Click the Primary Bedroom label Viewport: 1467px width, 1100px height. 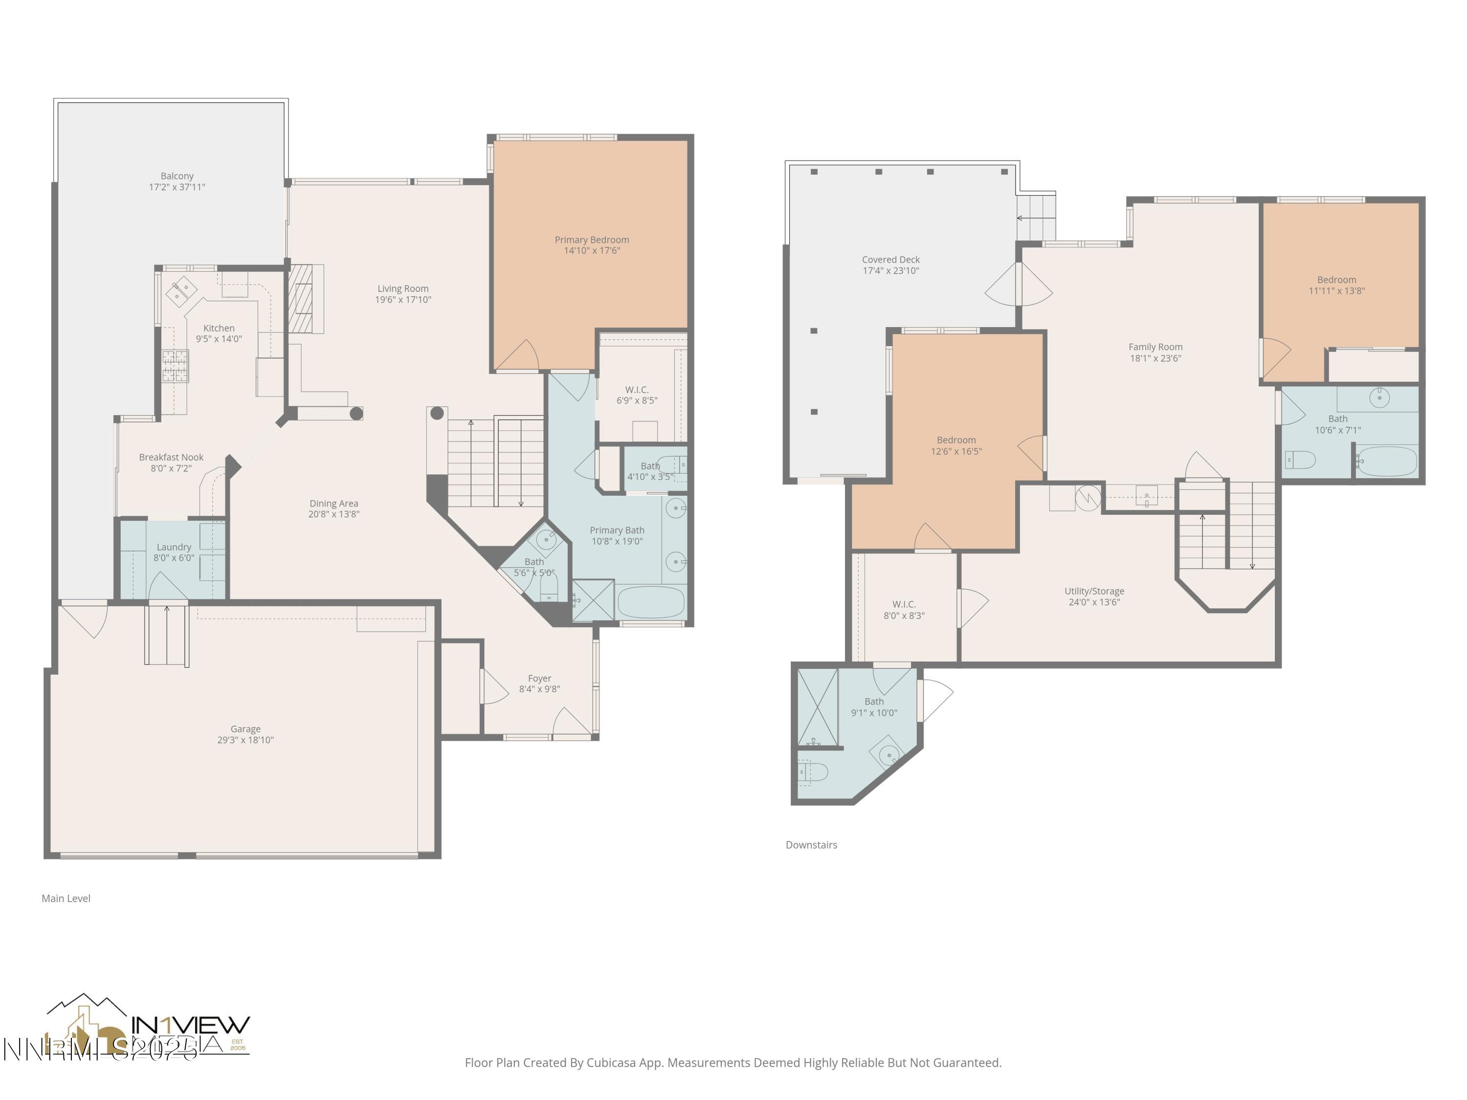click(592, 240)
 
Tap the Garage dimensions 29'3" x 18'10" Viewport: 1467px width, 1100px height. click(245, 740)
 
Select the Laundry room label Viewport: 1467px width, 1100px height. click(174, 547)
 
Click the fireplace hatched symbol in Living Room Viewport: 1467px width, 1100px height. click(300, 298)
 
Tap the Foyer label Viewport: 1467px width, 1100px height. click(539, 678)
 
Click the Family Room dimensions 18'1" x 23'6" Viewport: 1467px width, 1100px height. click(1156, 358)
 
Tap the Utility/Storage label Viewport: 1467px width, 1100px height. click(1093, 591)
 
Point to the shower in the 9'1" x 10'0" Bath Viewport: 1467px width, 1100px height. click(817, 707)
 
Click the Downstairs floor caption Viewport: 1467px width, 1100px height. click(811, 845)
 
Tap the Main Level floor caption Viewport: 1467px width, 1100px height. click(66, 899)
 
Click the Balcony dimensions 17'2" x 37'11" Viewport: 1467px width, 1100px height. click(177, 187)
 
